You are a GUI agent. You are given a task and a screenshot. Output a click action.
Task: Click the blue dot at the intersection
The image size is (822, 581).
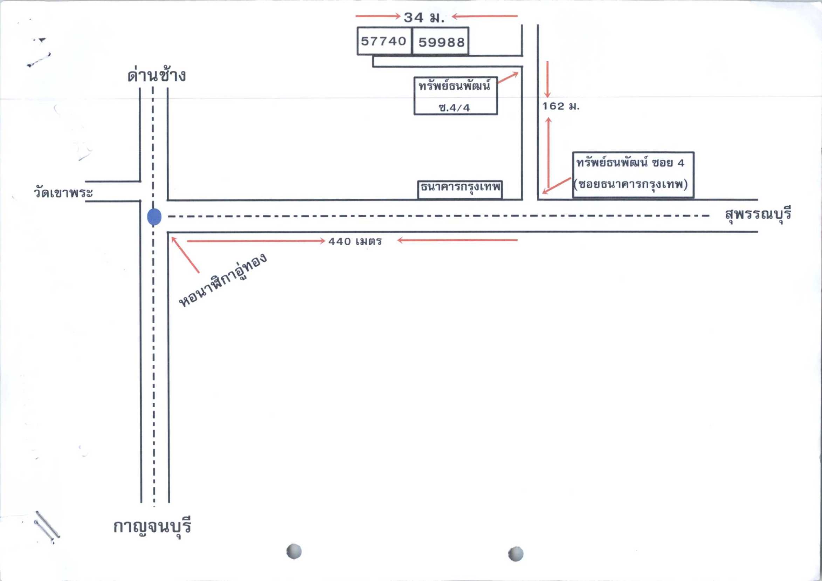154,217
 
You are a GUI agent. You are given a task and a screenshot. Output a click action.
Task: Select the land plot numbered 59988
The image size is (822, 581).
441,42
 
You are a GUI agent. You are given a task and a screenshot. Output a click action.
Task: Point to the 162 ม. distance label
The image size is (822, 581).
561,107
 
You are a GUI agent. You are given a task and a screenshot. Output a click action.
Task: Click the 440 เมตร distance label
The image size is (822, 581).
355,241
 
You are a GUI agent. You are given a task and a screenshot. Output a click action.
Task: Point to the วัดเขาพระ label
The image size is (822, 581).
63,192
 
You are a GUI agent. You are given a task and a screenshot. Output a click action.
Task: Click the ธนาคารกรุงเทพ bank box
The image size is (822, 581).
460,190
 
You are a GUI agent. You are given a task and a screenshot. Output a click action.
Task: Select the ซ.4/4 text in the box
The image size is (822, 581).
454,108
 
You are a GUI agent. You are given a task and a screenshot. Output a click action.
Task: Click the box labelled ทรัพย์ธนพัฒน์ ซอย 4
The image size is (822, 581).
633,175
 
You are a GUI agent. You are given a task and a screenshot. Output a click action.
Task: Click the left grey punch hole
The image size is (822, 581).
294,551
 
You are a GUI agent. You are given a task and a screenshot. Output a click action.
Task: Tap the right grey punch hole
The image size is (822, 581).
516,554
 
